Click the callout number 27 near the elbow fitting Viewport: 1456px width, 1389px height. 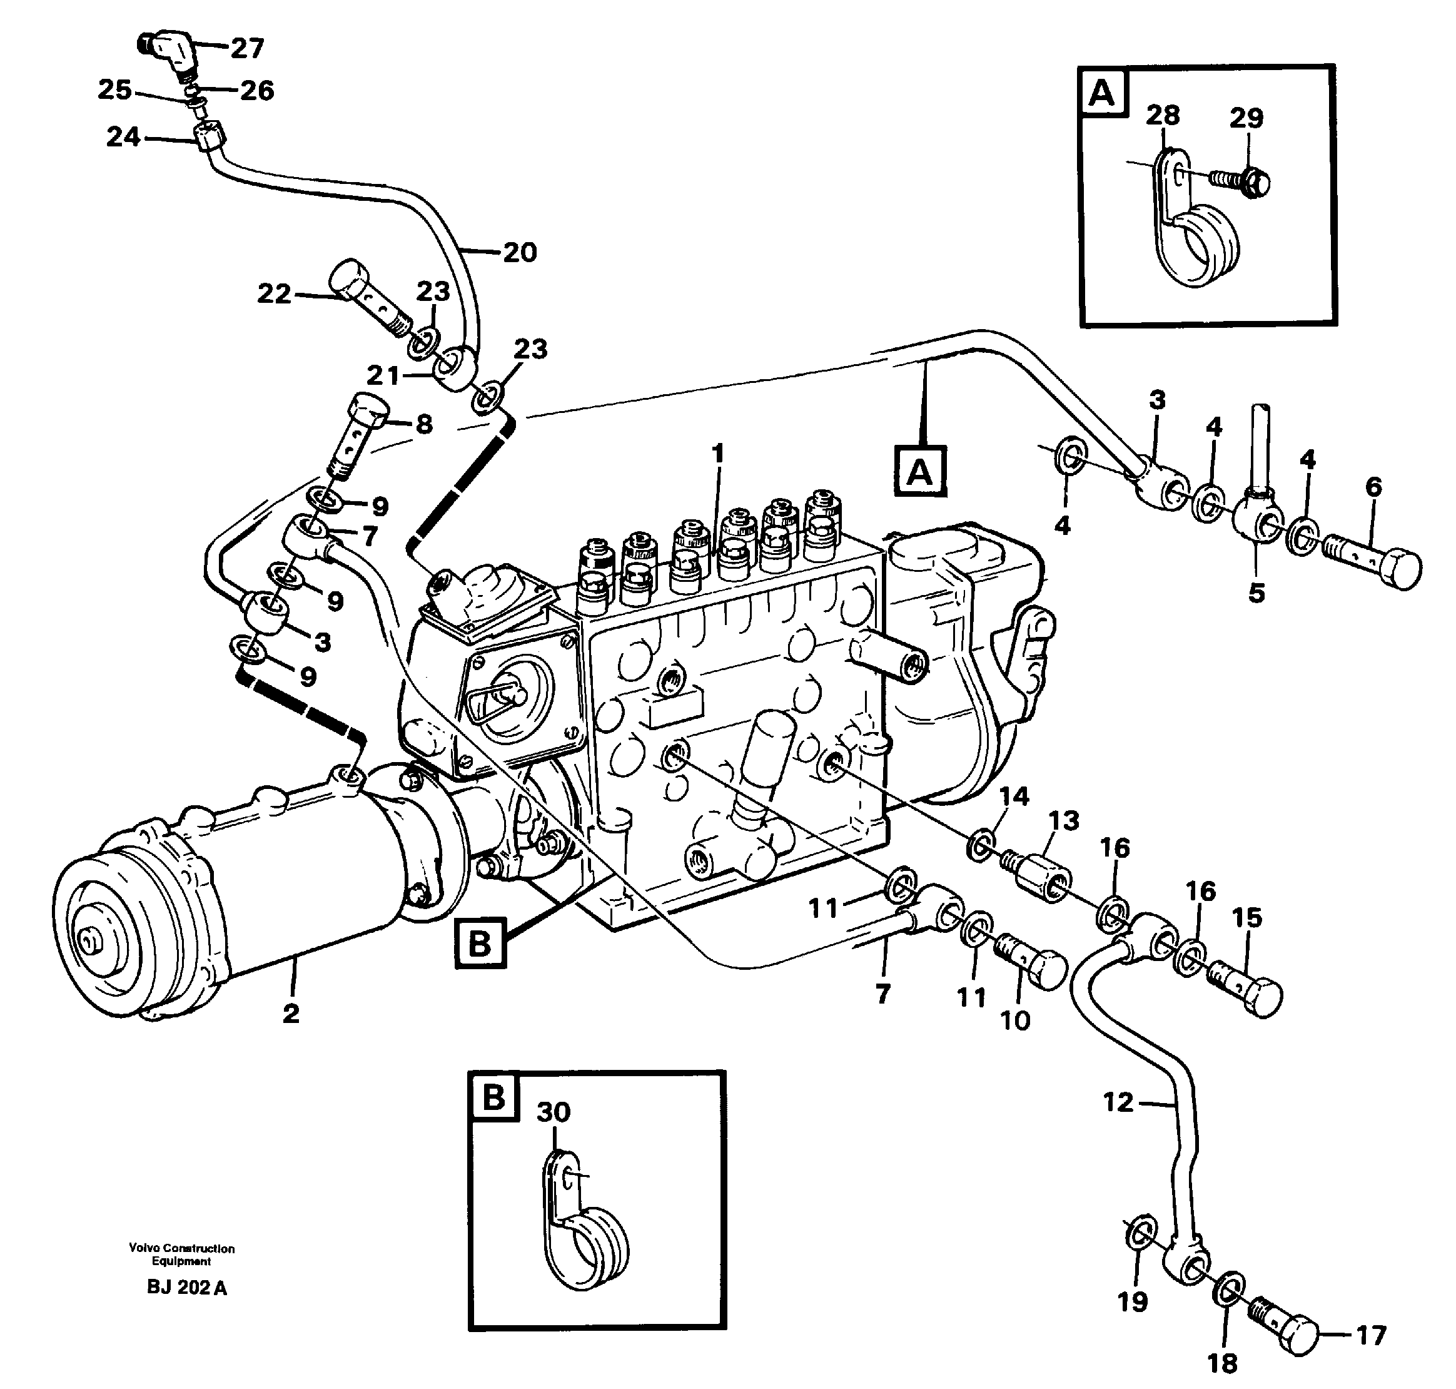(247, 49)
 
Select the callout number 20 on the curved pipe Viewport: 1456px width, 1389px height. (520, 253)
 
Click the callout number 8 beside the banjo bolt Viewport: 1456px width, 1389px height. (423, 424)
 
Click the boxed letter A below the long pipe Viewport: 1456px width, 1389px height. (919, 471)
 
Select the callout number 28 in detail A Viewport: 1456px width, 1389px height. (1162, 116)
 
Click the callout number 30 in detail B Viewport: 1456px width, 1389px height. (554, 1111)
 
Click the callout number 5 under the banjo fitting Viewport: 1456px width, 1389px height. (1256, 593)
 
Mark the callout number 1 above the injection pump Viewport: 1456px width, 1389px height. (717, 453)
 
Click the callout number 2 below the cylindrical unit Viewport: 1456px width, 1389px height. (290, 1013)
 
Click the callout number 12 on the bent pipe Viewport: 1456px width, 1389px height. (1118, 1102)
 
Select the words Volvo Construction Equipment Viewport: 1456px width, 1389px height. (181, 1254)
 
